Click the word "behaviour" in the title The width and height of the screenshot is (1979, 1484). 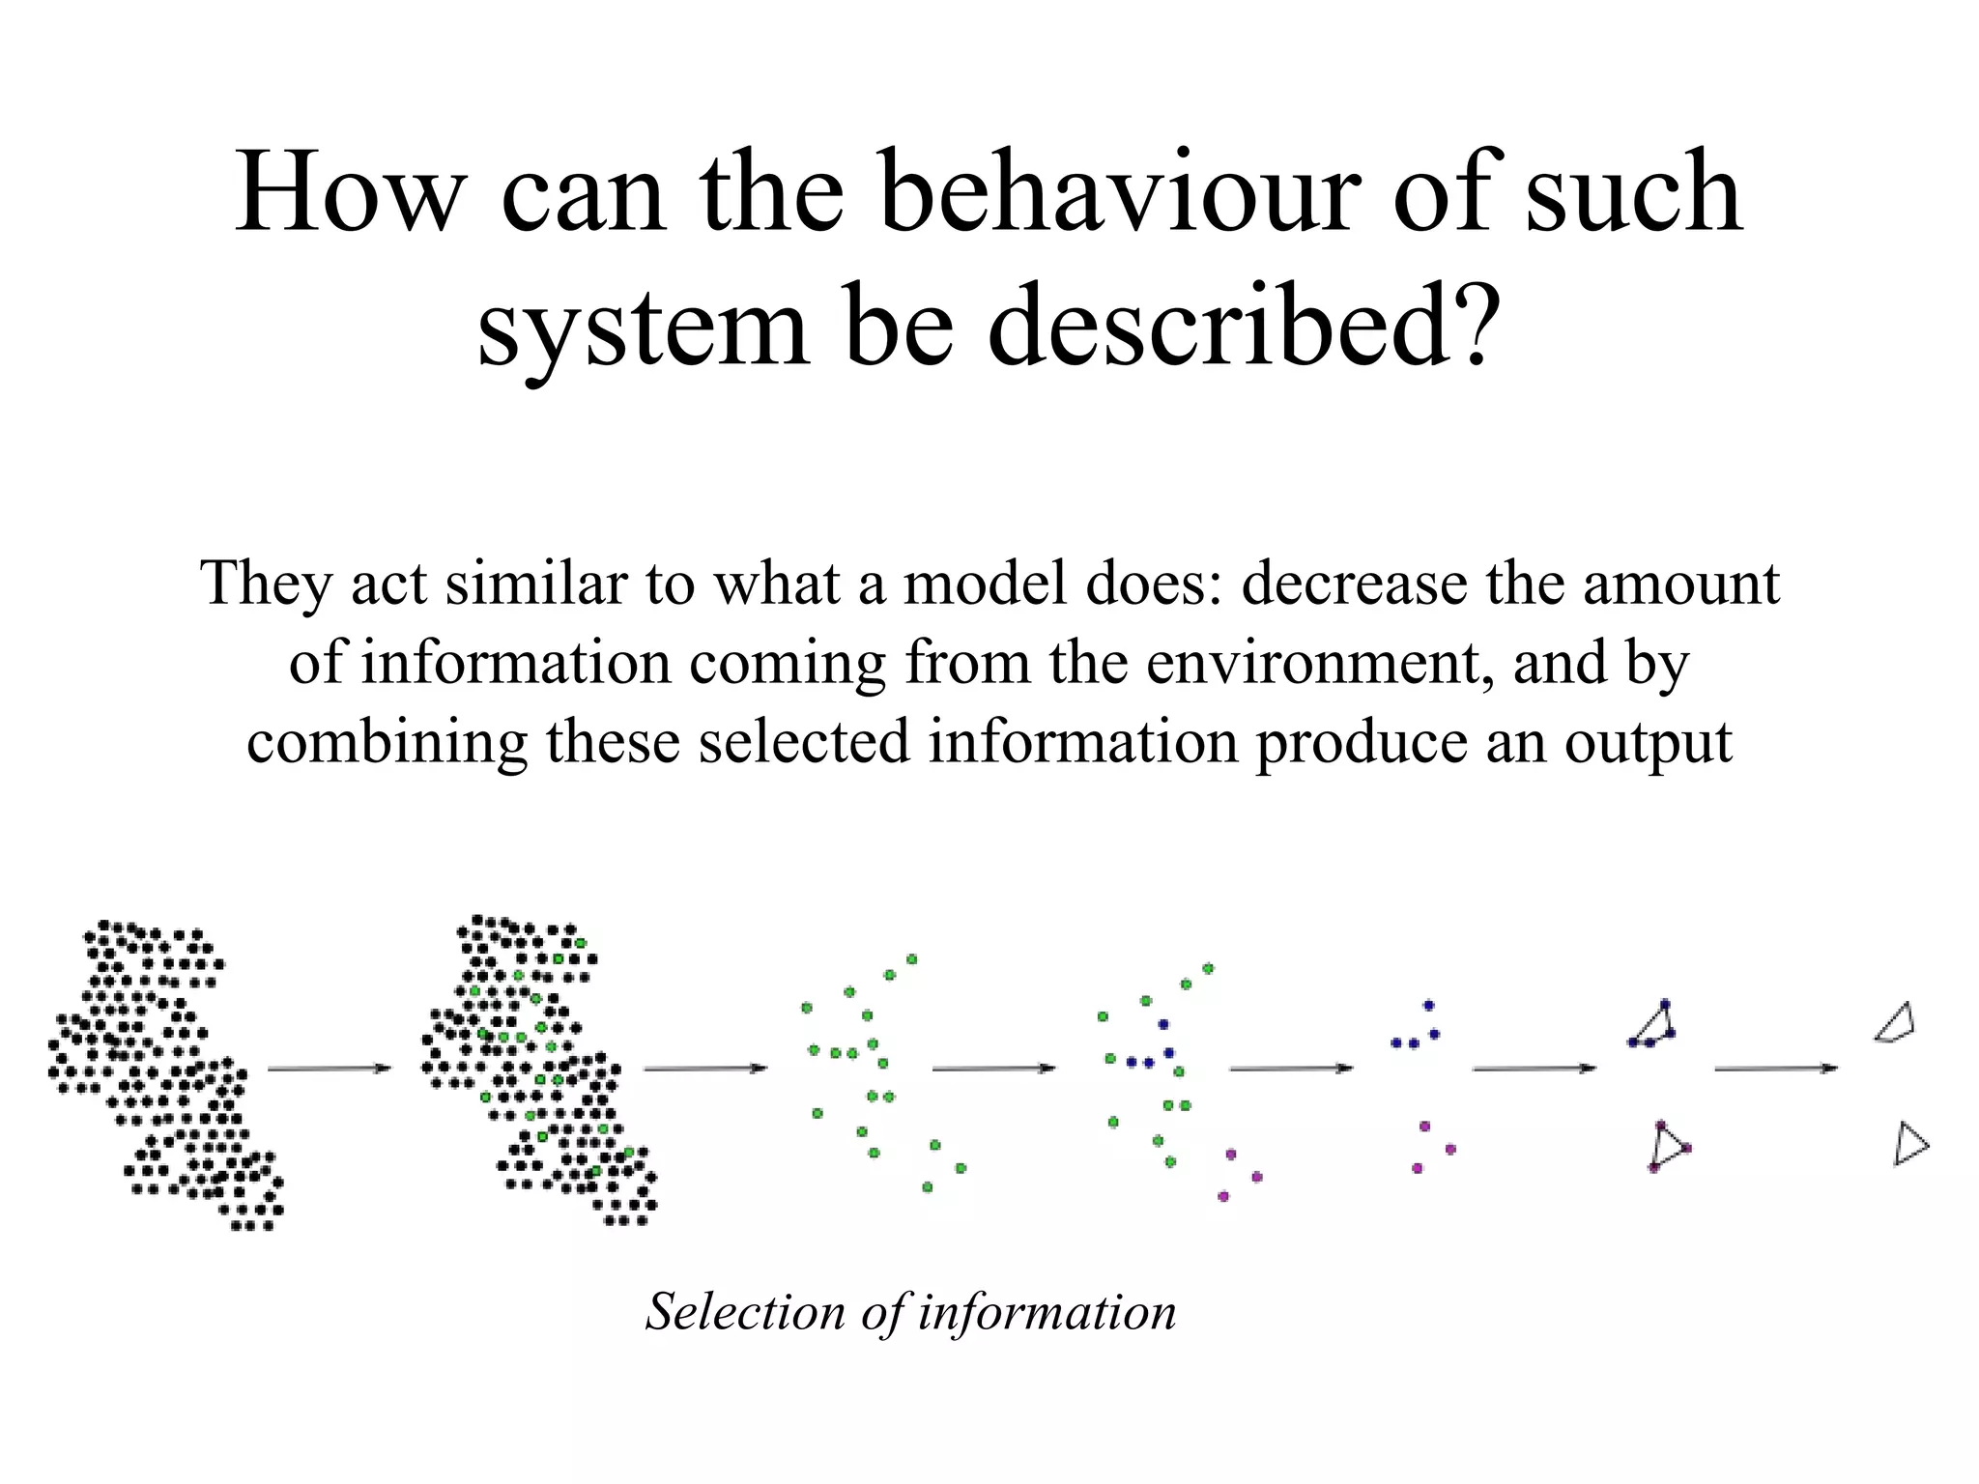[1121, 193]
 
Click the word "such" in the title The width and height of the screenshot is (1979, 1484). [1634, 193]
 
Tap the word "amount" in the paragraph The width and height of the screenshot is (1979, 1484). [1680, 585]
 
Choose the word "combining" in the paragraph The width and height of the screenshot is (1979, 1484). [387, 744]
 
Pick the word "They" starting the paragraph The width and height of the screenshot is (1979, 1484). [265, 585]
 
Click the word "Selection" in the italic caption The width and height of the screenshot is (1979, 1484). [745, 1312]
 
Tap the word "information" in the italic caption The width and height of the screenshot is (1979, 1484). [1047, 1312]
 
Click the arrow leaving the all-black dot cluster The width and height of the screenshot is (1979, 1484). [330, 1068]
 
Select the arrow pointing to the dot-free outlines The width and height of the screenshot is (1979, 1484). [1776, 1068]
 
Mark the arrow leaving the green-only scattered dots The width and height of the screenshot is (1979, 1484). [994, 1068]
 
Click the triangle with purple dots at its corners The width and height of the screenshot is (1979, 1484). [1668, 1147]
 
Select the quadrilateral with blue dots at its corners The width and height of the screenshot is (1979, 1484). [1653, 1025]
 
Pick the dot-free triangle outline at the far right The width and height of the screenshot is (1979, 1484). [1909, 1145]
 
